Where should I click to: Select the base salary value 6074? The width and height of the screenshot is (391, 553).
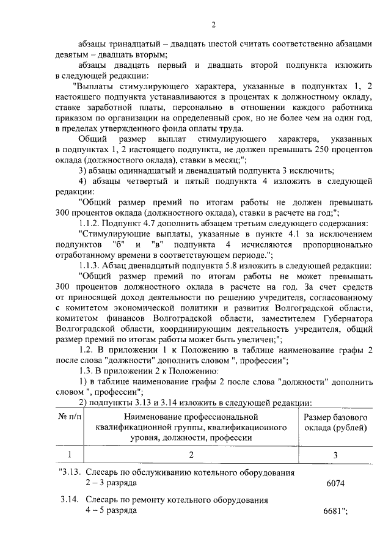pyautogui.click(x=335, y=483)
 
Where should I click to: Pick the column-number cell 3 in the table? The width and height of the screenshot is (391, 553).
pyautogui.click(x=335, y=454)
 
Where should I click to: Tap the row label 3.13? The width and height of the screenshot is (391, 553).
pyautogui.click(x=69, y=473)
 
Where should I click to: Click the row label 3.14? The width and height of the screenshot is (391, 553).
pyautogui.click(x=70, y=500)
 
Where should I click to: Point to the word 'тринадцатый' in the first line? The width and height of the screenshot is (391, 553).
pyautogui.click(x=138, y=45)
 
